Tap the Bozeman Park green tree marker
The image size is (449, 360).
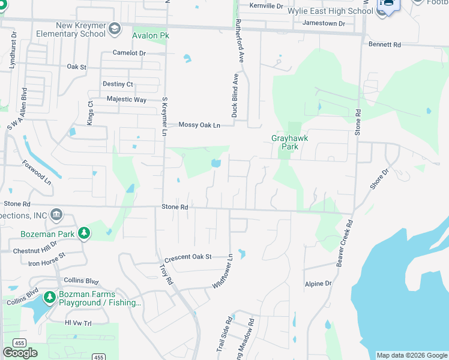(x=84, y=233)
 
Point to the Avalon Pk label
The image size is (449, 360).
(x=151, y=36)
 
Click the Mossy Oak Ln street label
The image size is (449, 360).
(x=200, y=125)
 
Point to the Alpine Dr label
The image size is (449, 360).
(x=318, y=284)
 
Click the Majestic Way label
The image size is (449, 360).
(x=126, y=100)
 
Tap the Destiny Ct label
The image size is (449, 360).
(x=118, y=84)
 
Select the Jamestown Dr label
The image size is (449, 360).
(x=324, y=23)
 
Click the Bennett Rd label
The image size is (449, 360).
(x=385, y=44)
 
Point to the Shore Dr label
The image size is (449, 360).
(x=379, y=179)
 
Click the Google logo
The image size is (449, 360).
(x=20, y=353)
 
